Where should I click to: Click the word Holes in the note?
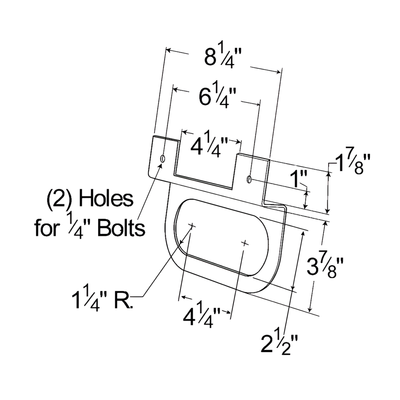point(106,199)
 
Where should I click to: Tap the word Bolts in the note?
point(121,229)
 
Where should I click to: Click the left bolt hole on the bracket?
point(162,159)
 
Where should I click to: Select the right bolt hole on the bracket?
point(248,179)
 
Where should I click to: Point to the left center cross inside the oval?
point(191,225)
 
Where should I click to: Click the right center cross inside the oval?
point(245,243)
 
